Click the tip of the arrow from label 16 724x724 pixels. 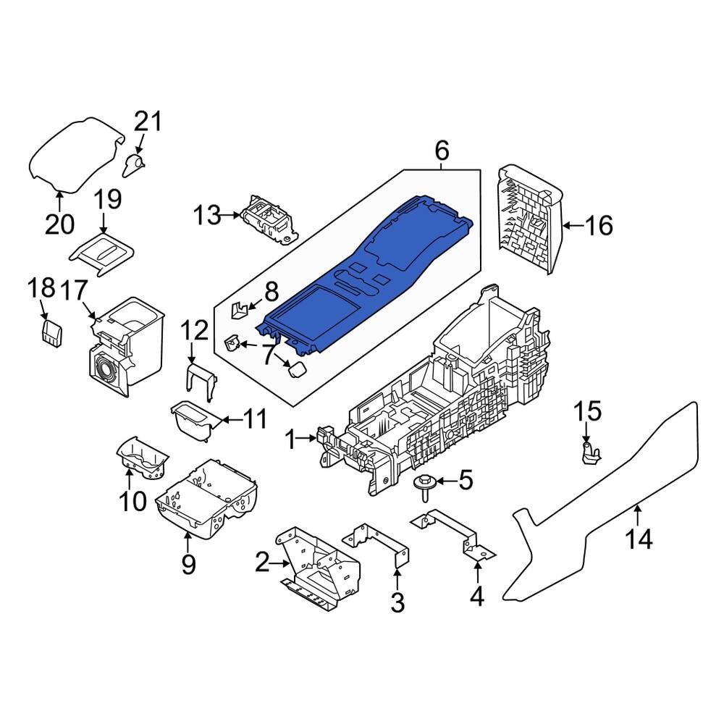click(563, 226)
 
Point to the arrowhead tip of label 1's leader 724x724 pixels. click(318, 439)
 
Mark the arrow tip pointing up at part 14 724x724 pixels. click(637, 505)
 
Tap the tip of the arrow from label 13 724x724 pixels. click(242, 215)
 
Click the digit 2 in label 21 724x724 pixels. click(141, 122)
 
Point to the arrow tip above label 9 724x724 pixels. click(188, 532)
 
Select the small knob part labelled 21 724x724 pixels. click(135, 165)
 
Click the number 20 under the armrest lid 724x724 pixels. click(59, 224)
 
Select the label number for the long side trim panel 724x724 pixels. click(639, 539)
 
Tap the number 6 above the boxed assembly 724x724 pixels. click(442, 151)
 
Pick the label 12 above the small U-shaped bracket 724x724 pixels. click(194, 331)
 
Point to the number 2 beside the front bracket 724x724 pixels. click(262, 563)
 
